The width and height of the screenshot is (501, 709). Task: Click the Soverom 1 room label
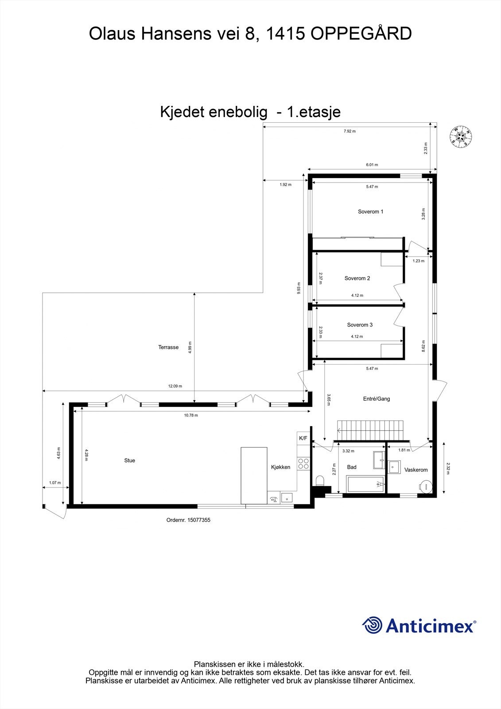click(x=370, y=212)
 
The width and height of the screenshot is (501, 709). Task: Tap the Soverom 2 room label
click(x=357, y=279)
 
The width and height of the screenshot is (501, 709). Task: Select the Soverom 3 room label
click(x=360, y=325)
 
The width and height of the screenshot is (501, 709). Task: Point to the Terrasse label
click(x=168, y=347)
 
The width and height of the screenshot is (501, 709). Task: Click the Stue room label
click(x=129, y=461)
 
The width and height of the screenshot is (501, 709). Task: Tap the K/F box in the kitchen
click(x=303, y=438)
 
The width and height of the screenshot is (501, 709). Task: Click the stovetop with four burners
click(x=303, y=464)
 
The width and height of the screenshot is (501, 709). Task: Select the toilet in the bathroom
click(x=320, y=481)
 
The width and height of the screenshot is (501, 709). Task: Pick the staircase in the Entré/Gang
click(x=370, y=430)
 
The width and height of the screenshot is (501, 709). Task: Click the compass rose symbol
click(x=461, y=136)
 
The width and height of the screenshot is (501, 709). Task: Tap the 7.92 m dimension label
click(x=350, y=131)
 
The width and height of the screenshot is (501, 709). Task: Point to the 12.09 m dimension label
click(x=175, y=386)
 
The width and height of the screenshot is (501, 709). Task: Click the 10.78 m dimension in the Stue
click(x=190, y=416)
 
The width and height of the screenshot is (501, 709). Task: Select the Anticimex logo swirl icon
click(x=372, y=626)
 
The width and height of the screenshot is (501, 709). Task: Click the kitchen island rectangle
click(x=254, y=475)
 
